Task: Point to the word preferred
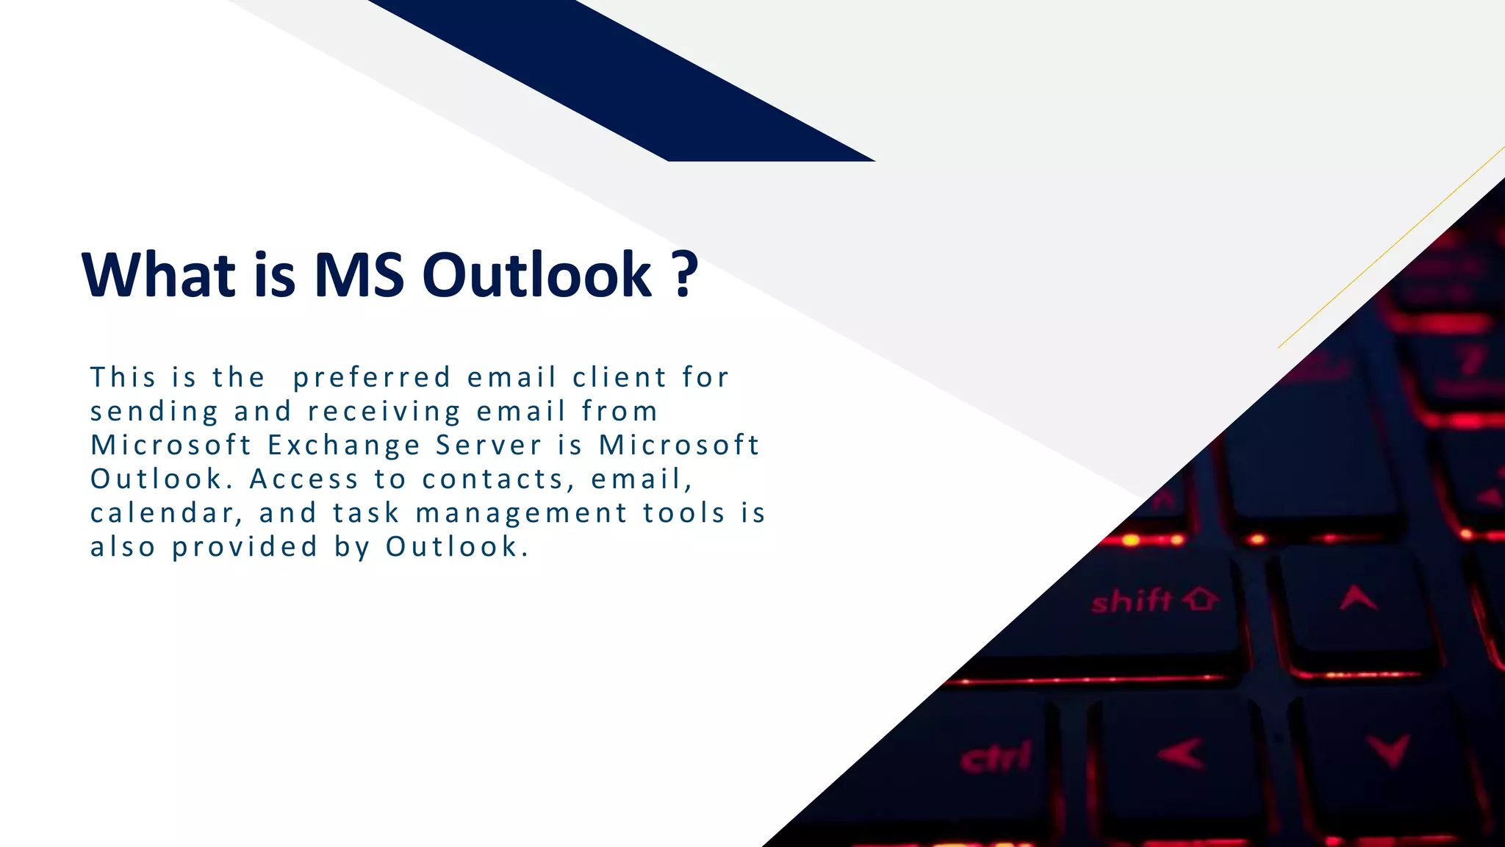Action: point(372,378)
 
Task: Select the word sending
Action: point(154,412)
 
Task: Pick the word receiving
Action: point(384,412)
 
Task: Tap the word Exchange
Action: point(343,446)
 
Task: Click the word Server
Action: point(489,446)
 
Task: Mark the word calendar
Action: point(166,513)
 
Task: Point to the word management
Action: point(522,513)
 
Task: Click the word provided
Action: point(245,547)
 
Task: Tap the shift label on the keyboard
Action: point(1132,601)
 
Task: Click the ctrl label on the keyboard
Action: point(996,758)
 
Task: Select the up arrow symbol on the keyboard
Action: point(1358,598)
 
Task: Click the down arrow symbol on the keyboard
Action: point(1389,750)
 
